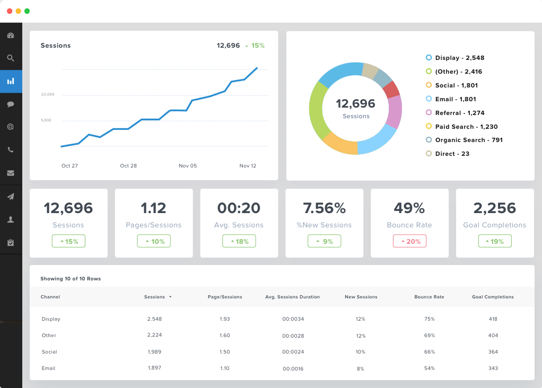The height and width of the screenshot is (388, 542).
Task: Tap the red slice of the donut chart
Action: point(391,90)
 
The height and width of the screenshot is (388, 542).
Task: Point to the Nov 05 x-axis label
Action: point(188,166)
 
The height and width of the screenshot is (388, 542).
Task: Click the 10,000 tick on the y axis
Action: point(48,95)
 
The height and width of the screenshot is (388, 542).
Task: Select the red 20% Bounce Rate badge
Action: point(409,241)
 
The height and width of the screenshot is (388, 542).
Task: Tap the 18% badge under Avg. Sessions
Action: point(239,241)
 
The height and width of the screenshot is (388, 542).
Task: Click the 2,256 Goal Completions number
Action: point(495,208)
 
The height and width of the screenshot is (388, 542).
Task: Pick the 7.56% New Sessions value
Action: point(324,208)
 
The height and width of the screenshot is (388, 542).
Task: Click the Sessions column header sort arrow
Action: point(170,297)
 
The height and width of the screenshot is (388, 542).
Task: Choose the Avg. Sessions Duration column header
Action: point(292,297)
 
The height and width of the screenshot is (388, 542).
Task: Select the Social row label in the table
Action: point(49,352)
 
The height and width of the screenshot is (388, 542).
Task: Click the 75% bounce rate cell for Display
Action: point(429,319)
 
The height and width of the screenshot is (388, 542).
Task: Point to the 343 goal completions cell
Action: point(493,368)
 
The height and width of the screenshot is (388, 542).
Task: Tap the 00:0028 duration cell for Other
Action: point(293,336)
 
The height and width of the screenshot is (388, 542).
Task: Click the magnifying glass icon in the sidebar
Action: point(11,58)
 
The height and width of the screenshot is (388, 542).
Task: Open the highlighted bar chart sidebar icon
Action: point(11,82)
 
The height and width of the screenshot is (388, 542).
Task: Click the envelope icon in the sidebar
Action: point(11,173)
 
